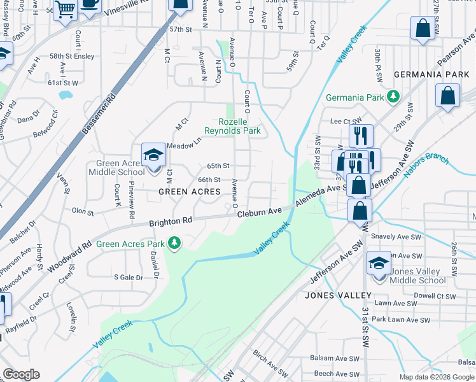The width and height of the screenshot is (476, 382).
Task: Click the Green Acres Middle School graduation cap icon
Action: pyautogui.click(x=153, y=155)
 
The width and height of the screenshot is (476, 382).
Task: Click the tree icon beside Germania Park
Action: pyautogui.click(x=394, y=97)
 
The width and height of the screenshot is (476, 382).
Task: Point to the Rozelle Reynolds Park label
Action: pyautogui.click(x=232, y=126)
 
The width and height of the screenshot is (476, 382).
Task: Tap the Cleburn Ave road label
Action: pyautogui.click(x=260, y=212)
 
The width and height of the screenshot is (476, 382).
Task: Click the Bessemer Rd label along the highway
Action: pyautogui.click(x=98, y=115)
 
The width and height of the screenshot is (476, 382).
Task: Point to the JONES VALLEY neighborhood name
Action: pyautogui.click(x=338, y=295)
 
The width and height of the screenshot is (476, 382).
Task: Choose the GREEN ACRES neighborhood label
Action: pyautogui.click(x=189, y=192)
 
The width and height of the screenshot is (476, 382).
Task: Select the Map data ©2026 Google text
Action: pyautogui.click(x=437, y=377)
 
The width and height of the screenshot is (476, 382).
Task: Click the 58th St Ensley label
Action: pyautogui.click(x=72, y=56)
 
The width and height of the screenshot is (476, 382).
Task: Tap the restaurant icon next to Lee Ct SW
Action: pyautogui.click(x=361, y=135)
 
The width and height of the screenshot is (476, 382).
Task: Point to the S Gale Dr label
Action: pyautogui.click(x=129, y=277)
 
